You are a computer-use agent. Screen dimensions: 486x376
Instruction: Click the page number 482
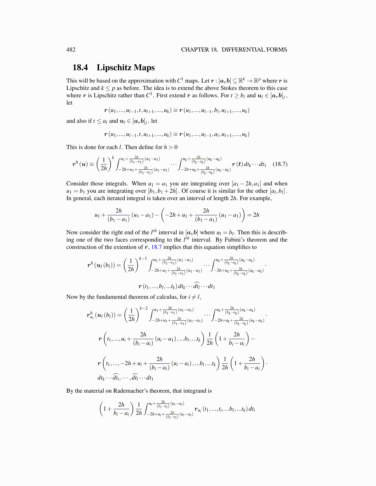click(x=71, y=50)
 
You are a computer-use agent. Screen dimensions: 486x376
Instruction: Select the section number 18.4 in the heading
click(x=80, y=67)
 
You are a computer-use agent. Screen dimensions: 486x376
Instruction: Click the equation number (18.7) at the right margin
click(x=280, y=164)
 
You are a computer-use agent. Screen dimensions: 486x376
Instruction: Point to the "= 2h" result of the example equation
click(x=253, y=215)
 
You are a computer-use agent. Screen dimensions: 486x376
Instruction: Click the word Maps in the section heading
click(x=144, y=67)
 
